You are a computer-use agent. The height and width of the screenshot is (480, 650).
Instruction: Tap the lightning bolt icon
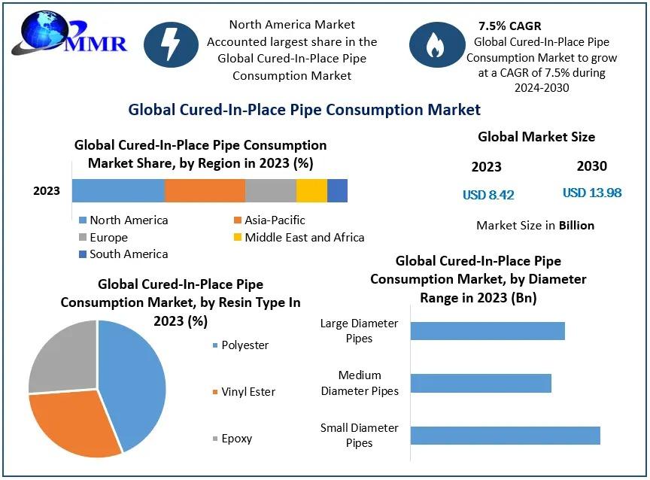171,45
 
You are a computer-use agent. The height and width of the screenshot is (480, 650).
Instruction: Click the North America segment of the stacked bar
118,191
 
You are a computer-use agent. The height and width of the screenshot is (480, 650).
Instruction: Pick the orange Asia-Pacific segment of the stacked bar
205,191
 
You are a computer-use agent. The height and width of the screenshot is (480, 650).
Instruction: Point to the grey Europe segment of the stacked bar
271,191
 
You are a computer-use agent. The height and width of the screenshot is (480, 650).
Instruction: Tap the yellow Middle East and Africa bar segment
311,191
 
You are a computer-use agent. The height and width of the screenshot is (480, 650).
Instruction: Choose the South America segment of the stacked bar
337,191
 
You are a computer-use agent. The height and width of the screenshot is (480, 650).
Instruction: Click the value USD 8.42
488,195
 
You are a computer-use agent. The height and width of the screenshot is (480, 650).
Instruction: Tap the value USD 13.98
592,193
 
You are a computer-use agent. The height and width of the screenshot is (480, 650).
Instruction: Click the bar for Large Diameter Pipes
487,331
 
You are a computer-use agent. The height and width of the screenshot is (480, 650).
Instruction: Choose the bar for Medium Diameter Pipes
481,383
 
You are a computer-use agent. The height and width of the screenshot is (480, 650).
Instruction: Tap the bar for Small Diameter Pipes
505,435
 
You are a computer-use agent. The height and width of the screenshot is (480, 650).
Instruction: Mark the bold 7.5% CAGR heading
509,26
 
